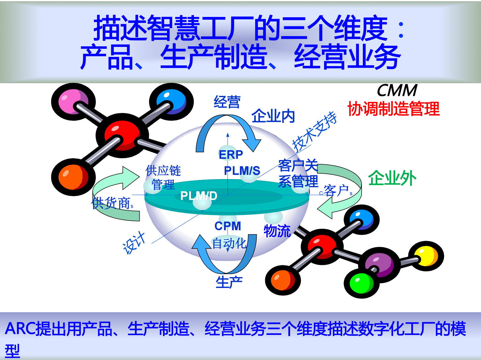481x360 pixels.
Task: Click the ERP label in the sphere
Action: [x=231, y=155]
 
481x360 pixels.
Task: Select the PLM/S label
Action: [x=242, y=171]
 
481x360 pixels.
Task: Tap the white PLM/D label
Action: [x=199, y=196]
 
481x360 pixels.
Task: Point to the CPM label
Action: [x=228, y=226]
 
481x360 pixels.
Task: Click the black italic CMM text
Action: [x=397, y=90]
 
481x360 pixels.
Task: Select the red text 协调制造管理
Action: [x=393, y=109]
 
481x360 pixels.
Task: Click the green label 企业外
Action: [x=392, y=178]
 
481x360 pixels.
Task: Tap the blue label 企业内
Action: [x=273, y=116]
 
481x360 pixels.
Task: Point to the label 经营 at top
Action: [x=227, y=102]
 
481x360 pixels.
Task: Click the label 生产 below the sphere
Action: [x=229, y=282]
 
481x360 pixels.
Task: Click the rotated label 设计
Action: [x=134, y=243]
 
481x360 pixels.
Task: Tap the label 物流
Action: [x=277, y=231]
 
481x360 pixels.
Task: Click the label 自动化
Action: [x=229, y=244]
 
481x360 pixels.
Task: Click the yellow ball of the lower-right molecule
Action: [x=426, y=256]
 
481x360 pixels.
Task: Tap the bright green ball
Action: [x=361, y=283]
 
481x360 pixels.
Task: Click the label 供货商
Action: [x=112, y=203]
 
